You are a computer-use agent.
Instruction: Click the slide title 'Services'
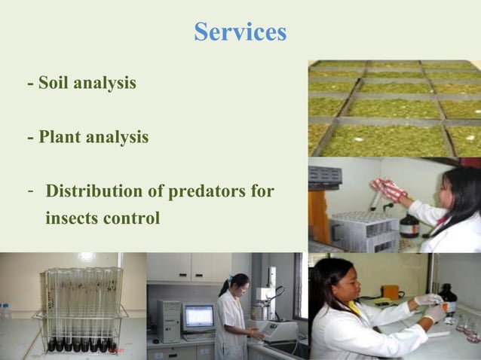(240, 32)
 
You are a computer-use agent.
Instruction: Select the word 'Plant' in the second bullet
(63, 139)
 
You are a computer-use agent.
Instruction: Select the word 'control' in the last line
(136, 219)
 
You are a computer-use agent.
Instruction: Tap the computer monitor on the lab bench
(198, 317)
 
